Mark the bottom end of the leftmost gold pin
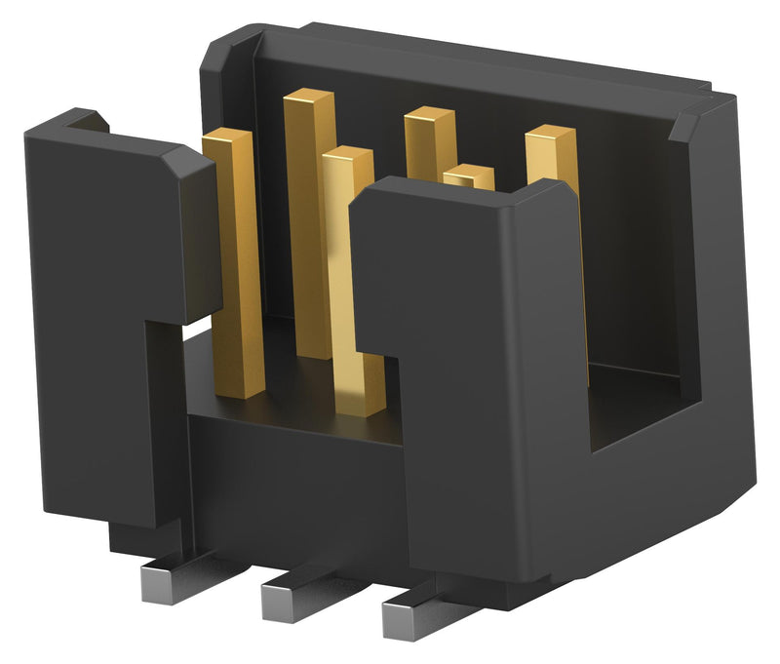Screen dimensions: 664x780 click(x=240, y=385)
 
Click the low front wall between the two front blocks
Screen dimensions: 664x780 click(x=292, y=468)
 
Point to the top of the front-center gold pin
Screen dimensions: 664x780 click(x=348, y=156)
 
